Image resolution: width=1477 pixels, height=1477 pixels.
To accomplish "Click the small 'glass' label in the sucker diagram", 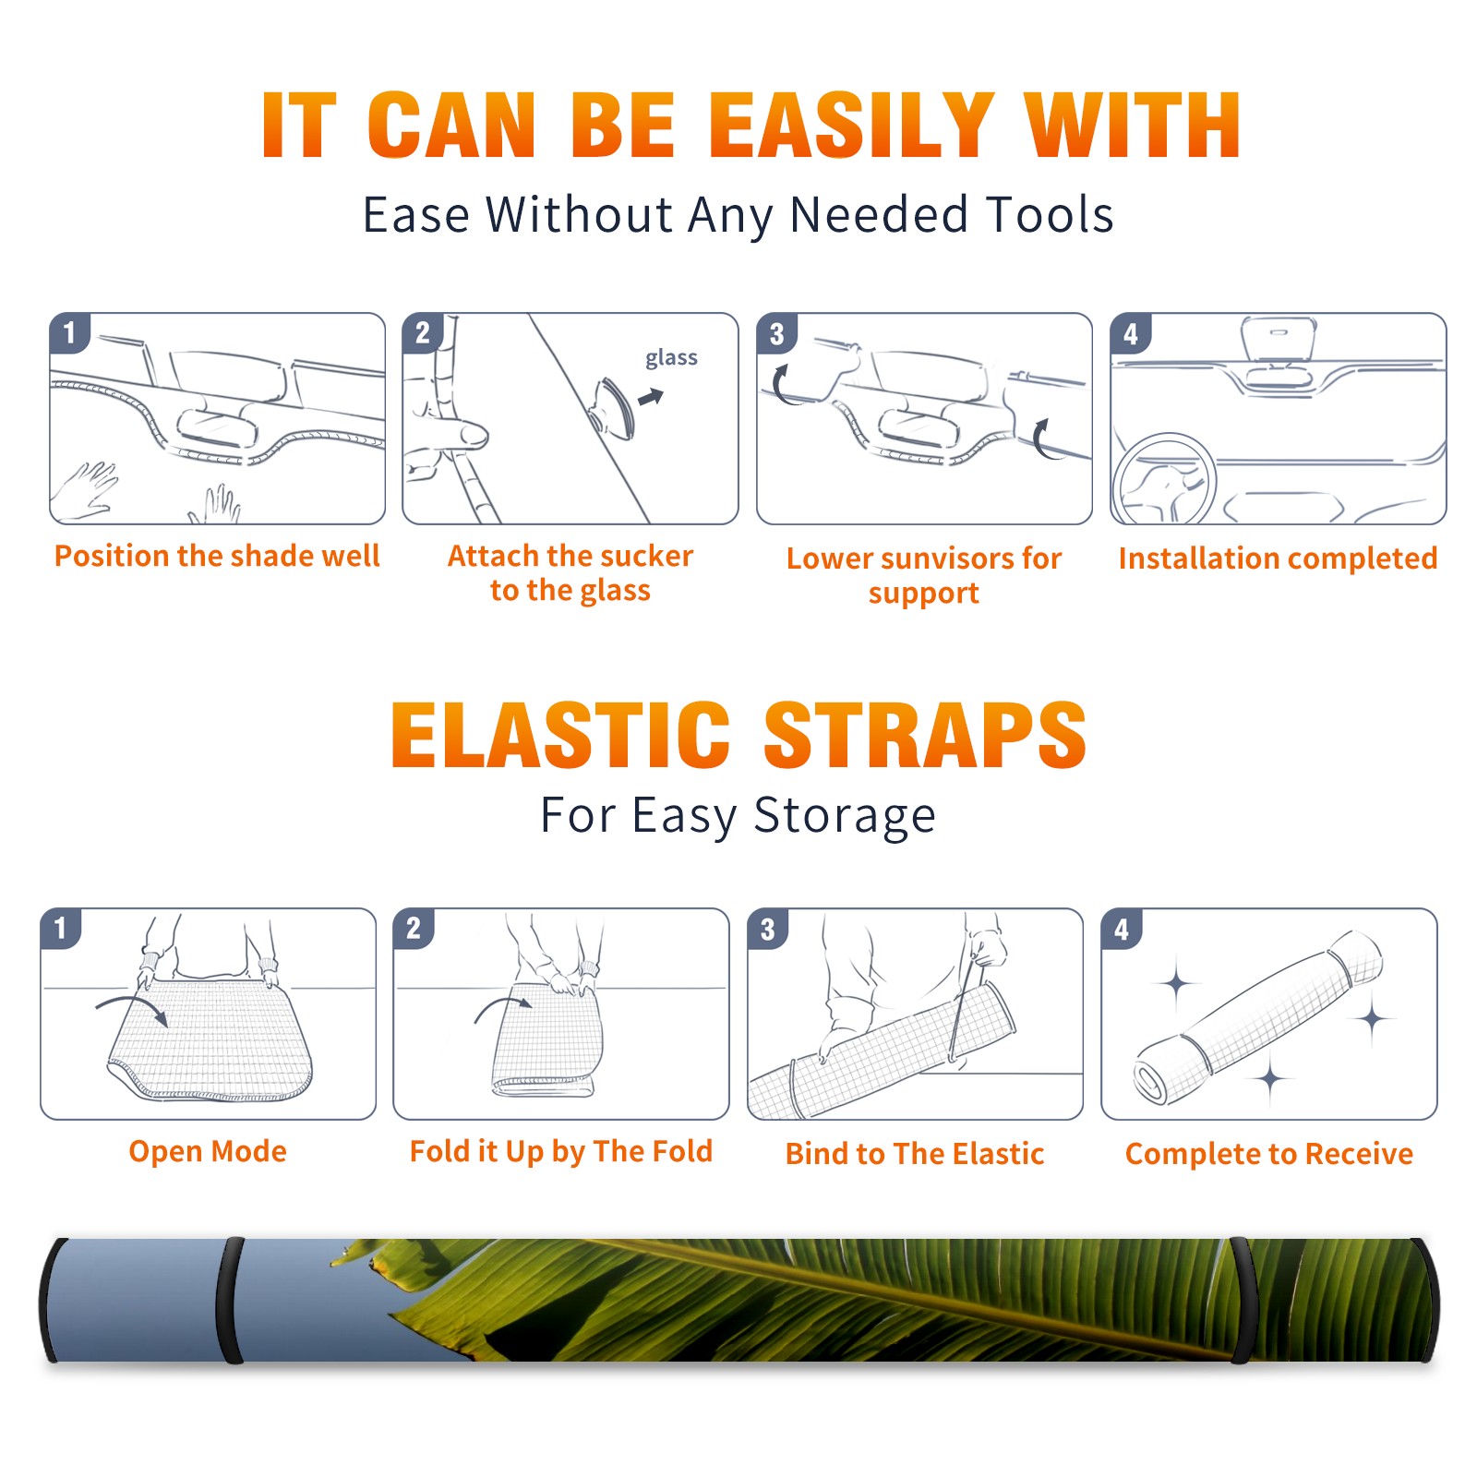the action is click(x=671, y=358).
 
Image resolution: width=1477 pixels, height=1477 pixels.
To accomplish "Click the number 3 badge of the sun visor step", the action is click(x=776, y=334).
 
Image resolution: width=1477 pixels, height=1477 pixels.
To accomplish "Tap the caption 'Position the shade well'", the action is click(x=217, y=556).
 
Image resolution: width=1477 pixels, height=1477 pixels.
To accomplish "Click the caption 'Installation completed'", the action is click(x=1278, y=558).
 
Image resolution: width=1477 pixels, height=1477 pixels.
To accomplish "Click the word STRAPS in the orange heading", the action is click(x=925, y=735).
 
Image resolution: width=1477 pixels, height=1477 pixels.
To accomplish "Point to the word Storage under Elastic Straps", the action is click(x=845, y=816).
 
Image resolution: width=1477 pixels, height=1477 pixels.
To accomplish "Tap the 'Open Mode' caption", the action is click(x=208, y=1151).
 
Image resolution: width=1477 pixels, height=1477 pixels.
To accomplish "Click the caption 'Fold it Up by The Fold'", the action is click(x=561, y=1152).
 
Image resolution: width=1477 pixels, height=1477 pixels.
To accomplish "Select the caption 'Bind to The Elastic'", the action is click(x=915, y=1154).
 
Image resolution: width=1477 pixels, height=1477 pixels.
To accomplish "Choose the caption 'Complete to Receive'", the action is click(x=1269, y=1154).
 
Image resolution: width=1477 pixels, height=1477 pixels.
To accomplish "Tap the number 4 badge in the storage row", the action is click(x=1122, y=929).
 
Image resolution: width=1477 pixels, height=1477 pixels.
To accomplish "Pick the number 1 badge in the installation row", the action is click(x=69, y=332).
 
